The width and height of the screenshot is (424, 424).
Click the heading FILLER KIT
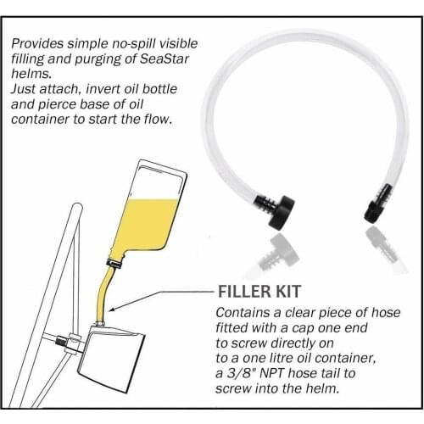[x=259, y=291]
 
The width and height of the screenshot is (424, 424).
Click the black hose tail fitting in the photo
[x=377, y=204]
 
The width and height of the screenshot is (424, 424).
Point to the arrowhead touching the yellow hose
[x=112, y=309]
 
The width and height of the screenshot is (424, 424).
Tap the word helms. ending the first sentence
[x=31, y=74]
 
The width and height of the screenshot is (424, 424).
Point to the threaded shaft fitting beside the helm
[x=60, y=339]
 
